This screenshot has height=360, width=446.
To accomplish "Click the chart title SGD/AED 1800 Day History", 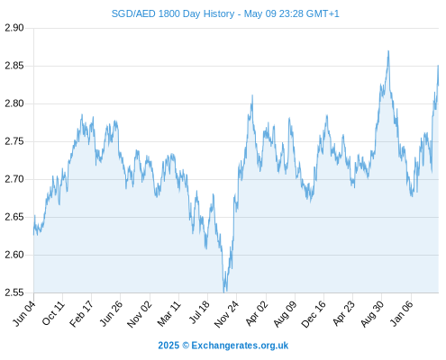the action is click(173, 13).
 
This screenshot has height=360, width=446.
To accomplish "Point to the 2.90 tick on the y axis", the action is click(14, 28).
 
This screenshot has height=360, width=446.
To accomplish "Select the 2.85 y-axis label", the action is click(14, 66).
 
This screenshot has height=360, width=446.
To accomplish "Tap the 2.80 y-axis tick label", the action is click(14, 103).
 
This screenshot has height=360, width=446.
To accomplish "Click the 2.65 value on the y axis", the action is click(14, 217).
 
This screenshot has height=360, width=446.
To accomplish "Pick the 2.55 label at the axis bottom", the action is click(14, 292).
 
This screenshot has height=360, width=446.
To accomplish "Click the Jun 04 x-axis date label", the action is click(24, 313).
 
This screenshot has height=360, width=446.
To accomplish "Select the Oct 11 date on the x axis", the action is click(53, 313).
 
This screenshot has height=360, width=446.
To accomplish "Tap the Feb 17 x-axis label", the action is click(81, 314).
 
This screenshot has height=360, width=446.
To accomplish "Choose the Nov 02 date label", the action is click(140, 314).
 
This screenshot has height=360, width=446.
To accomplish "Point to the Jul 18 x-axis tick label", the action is click(198, 312).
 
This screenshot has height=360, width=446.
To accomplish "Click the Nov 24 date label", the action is click(226, 314).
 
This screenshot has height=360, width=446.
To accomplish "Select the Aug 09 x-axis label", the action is click(285, 314).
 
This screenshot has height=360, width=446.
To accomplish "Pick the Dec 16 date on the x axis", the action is click(314, 314).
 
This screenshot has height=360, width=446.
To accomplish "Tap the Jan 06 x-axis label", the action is click(402, 313).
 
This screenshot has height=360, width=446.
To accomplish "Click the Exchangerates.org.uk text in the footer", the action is click(240, 346).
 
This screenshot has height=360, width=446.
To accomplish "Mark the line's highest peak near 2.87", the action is click(388, 51).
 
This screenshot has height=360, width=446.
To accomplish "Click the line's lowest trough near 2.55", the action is click(224, 292).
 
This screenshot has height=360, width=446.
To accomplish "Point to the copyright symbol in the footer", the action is click(186, 346).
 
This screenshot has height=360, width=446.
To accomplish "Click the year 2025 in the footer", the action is click(168, 346).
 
